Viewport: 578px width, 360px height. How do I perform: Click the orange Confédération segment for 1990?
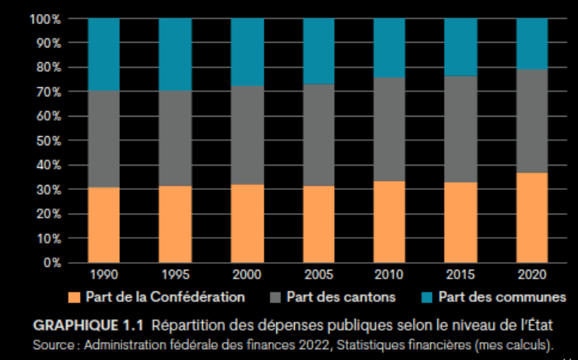click(103, 225)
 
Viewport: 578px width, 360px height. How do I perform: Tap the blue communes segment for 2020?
click(531, 44)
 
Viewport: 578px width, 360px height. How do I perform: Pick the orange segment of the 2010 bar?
click(389, 222)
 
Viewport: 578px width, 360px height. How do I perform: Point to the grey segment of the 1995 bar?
click(174, 138)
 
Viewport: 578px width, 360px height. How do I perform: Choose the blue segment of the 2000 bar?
click(247, 51)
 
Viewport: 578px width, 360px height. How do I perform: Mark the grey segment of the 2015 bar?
click(460, 128)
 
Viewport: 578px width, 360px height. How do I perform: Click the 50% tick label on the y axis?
click(48, 140)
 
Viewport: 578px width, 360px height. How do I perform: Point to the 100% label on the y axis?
click(45, 19)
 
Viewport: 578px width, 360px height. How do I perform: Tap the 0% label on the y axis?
click(51, 262)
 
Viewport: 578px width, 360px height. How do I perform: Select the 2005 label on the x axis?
click(318, 275)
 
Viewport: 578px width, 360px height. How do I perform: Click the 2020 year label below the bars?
click(532, 275)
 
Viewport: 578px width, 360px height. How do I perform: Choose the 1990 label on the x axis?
click(103, 275)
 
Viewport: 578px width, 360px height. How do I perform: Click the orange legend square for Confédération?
click(75, 297)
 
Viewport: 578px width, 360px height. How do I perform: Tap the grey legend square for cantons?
click(275, 297)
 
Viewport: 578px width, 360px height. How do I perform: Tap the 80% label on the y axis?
click(48, 68)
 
